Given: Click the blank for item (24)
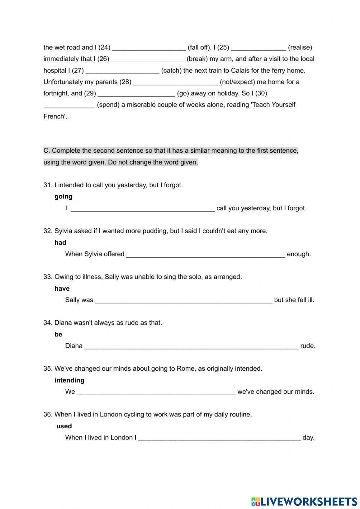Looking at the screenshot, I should click(x=149, y=48).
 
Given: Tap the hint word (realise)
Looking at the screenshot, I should click(x=300, y=48).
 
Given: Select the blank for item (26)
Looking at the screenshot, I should click(x=148, y=59).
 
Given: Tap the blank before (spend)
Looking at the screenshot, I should click(x=69, y=105).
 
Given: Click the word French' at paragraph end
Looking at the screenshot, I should click(x=55, y=116).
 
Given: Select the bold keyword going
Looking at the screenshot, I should click(x=63, y=197).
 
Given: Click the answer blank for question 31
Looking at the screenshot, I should click(x=143, y=208).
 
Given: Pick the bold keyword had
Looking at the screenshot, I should click(x=60, y=243).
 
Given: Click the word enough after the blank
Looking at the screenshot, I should click(x=298, y=254).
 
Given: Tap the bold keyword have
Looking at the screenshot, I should click(x=62, y=289).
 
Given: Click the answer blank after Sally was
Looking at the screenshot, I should click(x=184, y=300).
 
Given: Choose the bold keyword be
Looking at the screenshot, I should click(x=58, y=335).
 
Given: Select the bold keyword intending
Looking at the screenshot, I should click(x=69, y=380).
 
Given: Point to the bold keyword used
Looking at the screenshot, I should click(x=64, y=426).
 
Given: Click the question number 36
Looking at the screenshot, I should click(x=48, y=415).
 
